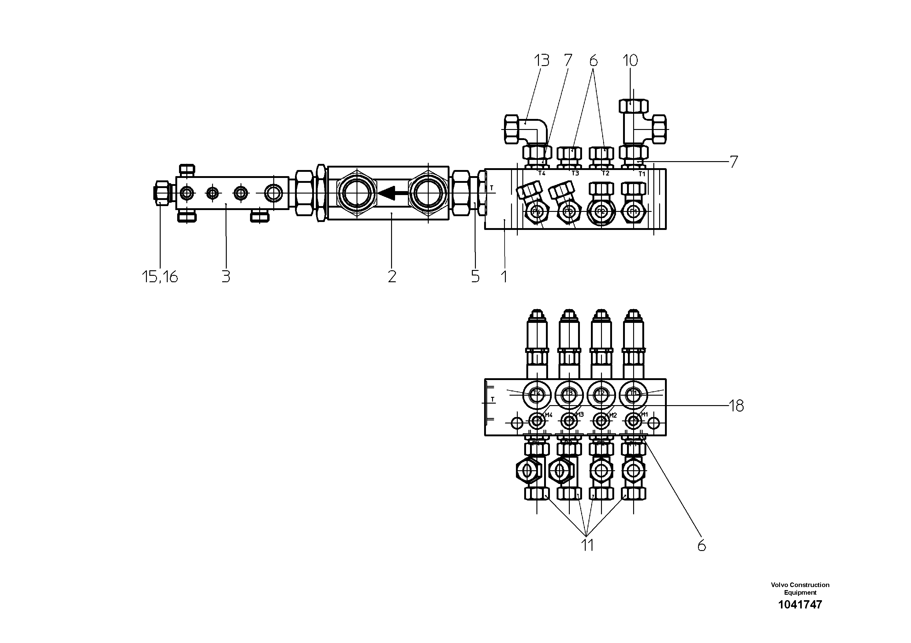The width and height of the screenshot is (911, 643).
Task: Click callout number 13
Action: point(541,61)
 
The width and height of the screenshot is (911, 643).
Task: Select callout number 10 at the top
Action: point(630,61)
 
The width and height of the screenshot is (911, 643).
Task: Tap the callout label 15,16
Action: point(160,277)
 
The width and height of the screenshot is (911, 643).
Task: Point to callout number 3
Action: point(226,276)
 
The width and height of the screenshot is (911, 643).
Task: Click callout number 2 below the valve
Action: point(392,276)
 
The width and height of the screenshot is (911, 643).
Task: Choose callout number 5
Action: point(475,276)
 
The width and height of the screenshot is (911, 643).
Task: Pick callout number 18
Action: point(736,406)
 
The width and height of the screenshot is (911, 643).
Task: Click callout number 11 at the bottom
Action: point(587,545)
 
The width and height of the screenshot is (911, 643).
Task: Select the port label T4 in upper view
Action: point(542,173)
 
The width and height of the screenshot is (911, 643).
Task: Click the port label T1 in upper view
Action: point(642,174)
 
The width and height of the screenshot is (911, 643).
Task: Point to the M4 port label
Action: point(548,415)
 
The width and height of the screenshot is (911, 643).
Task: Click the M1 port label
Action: point(644,414)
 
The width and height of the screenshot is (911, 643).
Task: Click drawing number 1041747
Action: point(800,604)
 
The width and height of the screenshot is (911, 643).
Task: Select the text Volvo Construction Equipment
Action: point(800,588)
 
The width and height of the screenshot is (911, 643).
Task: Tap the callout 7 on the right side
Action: point(734,162)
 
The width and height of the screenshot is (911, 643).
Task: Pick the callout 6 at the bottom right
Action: point(701,546)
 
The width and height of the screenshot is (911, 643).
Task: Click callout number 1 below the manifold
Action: point(504,276)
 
